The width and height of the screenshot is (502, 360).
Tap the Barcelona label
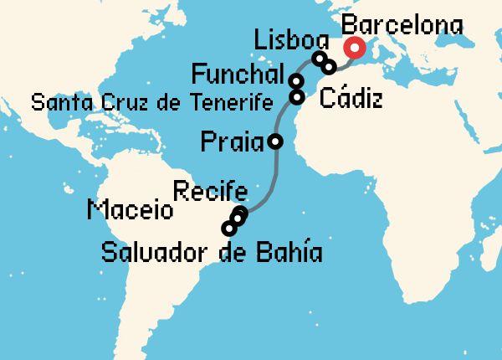click(x=403, y=25)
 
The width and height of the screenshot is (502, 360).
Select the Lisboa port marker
click(x=319, y=59)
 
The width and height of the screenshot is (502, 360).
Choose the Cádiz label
click(x=351, y=100)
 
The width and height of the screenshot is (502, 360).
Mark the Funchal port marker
click(x=296, y=81)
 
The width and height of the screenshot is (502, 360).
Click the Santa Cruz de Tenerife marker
click(x=296, y=96)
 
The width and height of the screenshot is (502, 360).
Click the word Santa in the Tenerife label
click(x=59, y=103)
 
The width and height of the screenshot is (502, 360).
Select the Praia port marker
click(x=274, y=141)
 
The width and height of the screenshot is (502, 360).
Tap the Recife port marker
click(x=242, y=213)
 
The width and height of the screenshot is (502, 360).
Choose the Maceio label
click(x=130, y=209)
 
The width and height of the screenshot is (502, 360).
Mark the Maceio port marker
click(x=237, y=219)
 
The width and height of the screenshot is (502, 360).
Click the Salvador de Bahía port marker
click(x=228, y=228)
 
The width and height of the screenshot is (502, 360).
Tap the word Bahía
click(x=289, y=251)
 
